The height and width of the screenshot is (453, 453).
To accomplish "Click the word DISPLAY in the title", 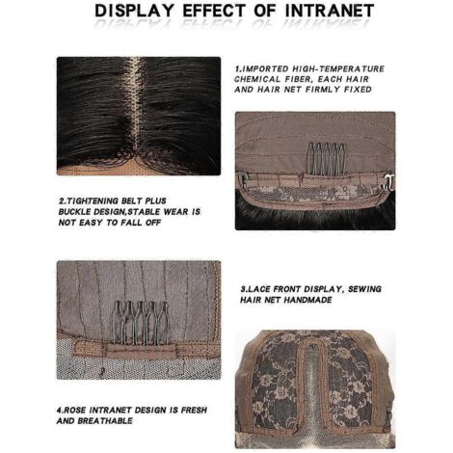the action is point(134,11).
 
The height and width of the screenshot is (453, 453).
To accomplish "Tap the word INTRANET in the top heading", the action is point(330,11).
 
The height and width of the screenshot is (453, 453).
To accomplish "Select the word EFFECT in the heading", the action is point(215,11).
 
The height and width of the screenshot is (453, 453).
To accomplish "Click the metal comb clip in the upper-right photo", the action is point(326,159).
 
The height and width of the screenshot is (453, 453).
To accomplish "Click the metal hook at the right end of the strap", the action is point(389,181).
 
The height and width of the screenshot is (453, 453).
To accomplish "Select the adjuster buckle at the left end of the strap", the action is point(242,180).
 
